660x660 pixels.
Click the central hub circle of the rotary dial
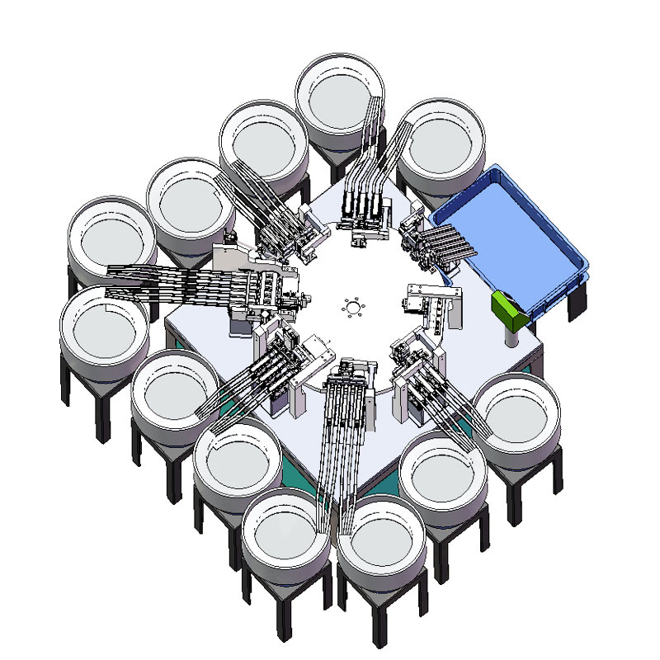pyautogui.click(x=354, y=308)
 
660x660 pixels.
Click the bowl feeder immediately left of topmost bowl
pyautogui.click(x=262, y=145)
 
